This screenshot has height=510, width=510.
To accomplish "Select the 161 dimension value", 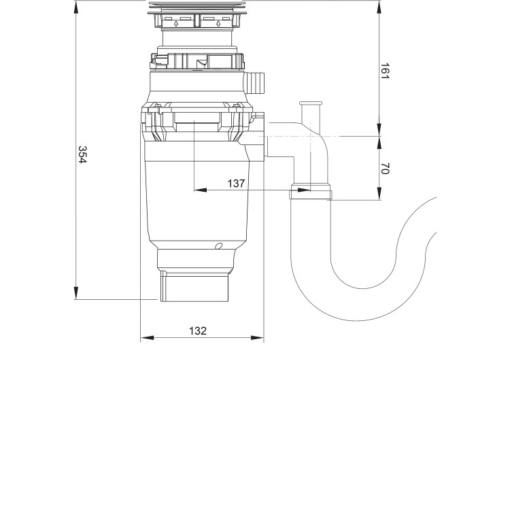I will [x=384, y=71].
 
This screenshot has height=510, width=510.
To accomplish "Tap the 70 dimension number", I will [x=384, y=169].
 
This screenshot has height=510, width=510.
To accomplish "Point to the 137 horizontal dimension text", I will [x=236, y=183].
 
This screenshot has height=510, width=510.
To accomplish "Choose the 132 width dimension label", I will [x=197, y=330].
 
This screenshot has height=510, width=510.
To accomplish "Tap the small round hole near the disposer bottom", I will [x=218, y=245].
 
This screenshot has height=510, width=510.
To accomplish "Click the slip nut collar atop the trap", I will [x=311, y=194].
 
